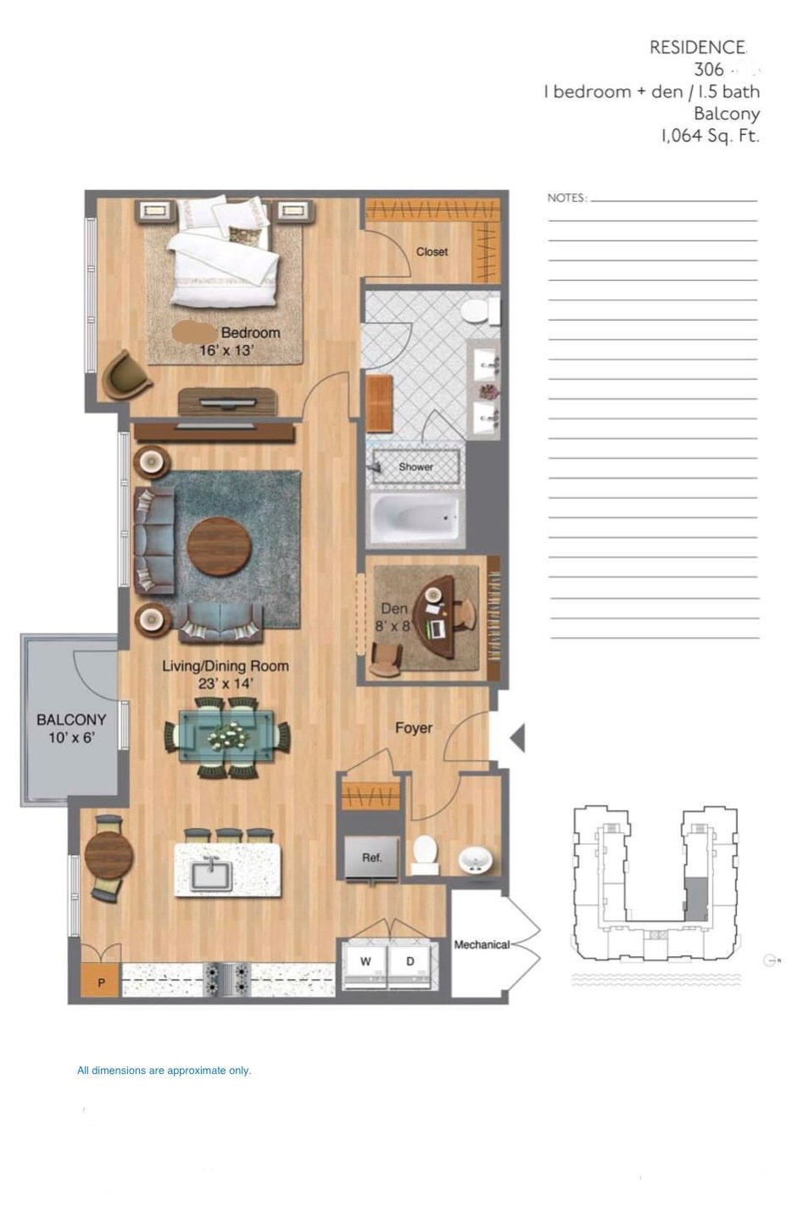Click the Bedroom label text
point(250,333)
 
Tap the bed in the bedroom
point(223,252)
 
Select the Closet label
point(432,252)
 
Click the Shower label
point(415,467)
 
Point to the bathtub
point(415,517)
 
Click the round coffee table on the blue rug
point(220,546)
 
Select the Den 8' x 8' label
point(393,618)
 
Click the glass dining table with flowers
point(227,736)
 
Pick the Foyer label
point(413,728)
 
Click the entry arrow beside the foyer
point(517,738)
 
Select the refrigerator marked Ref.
point(371,858)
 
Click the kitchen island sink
point(211,870)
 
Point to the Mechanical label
point(481,944)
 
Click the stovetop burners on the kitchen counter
point(226,978)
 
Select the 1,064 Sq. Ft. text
point(710,136)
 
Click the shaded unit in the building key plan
point(696,898)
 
